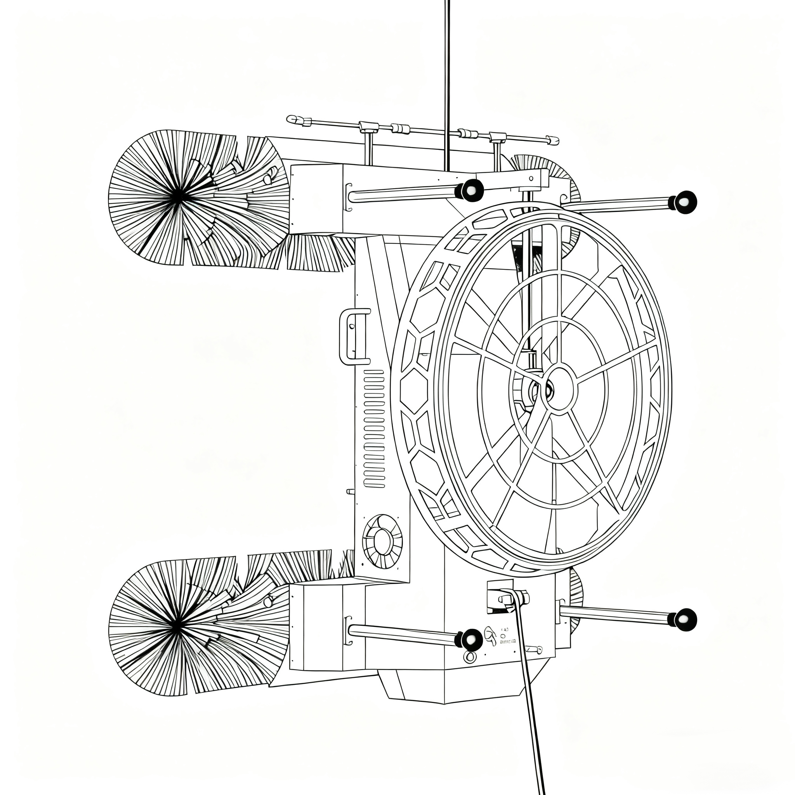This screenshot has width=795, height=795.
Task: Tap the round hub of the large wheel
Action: [x=560, y=389]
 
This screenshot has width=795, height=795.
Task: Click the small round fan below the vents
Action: [x=382, y=542]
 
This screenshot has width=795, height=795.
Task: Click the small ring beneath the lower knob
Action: [x=470, y=657]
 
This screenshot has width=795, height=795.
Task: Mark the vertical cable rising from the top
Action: [x=447, y=82]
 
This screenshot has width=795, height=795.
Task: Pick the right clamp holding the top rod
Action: [x=498, y=137]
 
